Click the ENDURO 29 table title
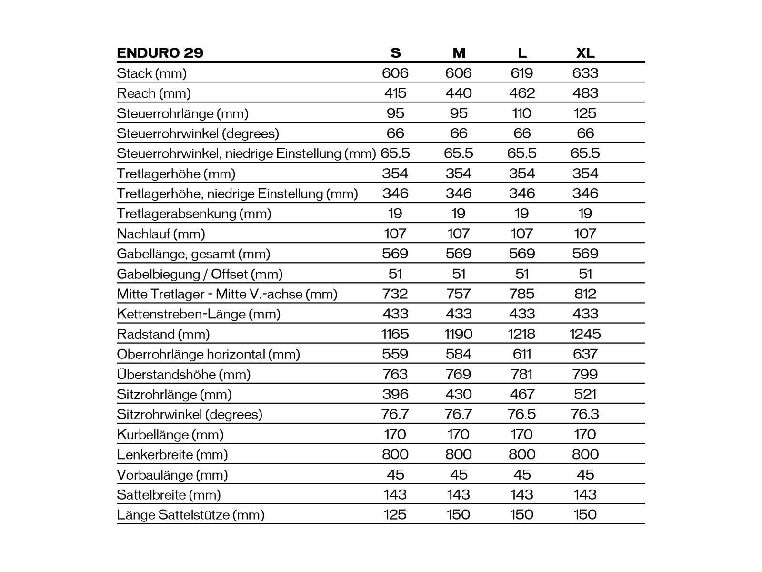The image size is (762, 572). click(160, 52)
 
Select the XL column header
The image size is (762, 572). click(585, 52)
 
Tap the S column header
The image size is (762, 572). click(395, 52)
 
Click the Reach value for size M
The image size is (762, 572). click(459, 93)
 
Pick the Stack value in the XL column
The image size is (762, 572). click(585, 73)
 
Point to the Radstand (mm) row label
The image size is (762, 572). click(163, 334)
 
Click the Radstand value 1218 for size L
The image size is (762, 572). click(522, 334)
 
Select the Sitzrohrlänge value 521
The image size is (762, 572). click(585, 394)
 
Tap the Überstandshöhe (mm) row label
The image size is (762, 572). click(184, 374)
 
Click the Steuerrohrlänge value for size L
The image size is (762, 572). click(522, 113)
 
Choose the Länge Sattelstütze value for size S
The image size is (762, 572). click(395, 515)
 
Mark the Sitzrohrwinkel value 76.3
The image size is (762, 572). click(585, 414)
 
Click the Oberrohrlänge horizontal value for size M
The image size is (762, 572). click(459, 354)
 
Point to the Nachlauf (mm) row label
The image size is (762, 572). click(161, 234)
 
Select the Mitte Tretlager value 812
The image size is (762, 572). click(585, 294)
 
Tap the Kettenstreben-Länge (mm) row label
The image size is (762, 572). click(199, 314)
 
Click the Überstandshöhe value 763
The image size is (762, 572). click(395, 374)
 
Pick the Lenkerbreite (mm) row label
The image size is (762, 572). click(172, 454)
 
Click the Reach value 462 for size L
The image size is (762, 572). click(522, 93)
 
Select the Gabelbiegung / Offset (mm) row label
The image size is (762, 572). click(200, 274)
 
